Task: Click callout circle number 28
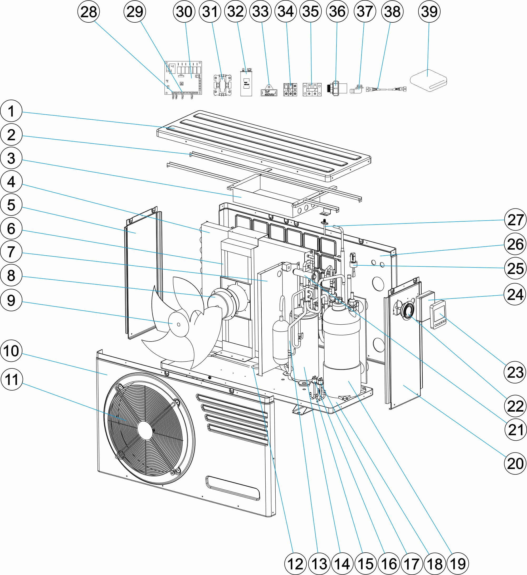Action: tap(89, 12)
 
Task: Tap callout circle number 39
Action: tap(429, 12)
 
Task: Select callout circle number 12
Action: tap(295, 564)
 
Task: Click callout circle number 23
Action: tap(515, 372)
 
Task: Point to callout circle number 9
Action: tap(11, 300)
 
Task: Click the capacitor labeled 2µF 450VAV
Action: tap(269, 90)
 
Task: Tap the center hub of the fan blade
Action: tap(178, 325)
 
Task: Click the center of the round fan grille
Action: tap(145, 430)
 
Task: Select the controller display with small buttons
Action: tap(438, 315)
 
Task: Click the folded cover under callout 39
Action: tap(428, 81)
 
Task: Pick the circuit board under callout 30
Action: tap(183, 78)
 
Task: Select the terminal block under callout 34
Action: tap(290, 90)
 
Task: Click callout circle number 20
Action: tap(515, 464)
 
